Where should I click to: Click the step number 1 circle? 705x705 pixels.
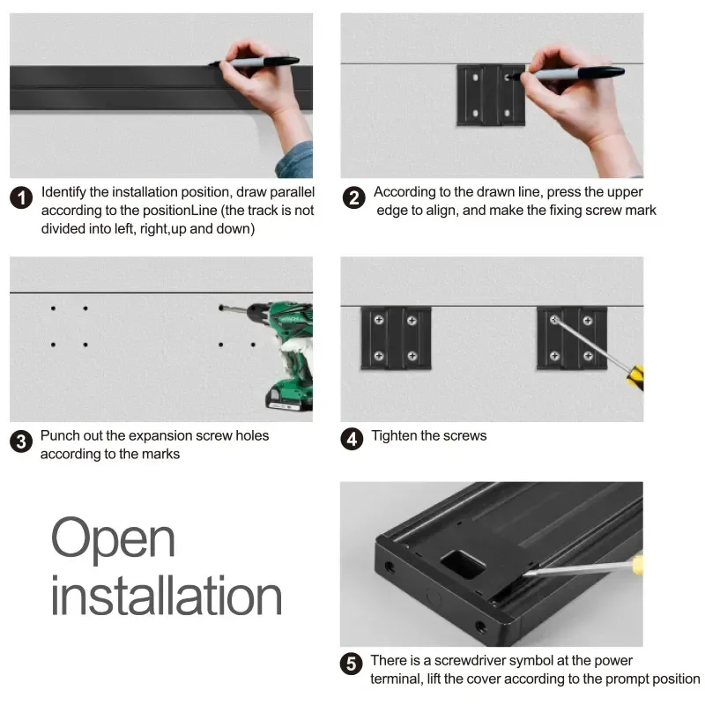pos(21,198)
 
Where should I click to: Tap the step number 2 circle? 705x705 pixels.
pos(354,198)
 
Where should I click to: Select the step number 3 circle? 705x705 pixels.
pos(21,442)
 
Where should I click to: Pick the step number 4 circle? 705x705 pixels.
pos(352,439)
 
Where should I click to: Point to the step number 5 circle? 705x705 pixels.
pos(351,664)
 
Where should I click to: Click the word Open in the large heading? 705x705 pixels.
pos(113,538)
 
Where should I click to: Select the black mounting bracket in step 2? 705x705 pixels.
pos(491,95)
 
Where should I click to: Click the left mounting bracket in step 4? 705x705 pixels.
pos(396,338)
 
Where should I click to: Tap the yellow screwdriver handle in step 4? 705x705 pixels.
pos(634,378)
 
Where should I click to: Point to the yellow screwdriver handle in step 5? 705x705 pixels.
pos(637,565)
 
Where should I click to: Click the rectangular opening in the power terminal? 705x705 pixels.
pos(463,564)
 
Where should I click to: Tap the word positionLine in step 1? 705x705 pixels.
pos(185,211)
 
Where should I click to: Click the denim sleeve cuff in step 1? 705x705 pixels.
pos(296,161)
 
